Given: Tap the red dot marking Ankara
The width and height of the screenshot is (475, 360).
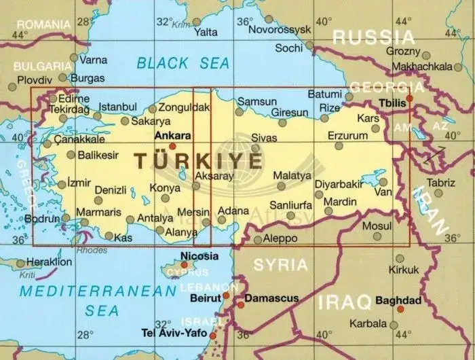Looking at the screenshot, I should pyautogui.click(x=172, y=145).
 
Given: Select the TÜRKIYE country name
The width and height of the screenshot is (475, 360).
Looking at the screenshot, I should pyautogui.click(x=197, y=161).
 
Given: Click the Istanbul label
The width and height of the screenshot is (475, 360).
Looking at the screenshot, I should pyautogui.click(x=118, y=107).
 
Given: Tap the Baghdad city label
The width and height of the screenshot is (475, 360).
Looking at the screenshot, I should pyautogui.click(x=398, y=300).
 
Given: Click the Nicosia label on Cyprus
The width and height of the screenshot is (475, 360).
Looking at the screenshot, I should pyautogui.click(x=200, y=256).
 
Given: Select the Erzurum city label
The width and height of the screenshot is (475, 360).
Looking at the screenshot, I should pyautogui.click(x=347, y=135).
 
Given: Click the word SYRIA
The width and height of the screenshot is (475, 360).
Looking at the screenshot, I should pyautogui.click(x=281, y=264).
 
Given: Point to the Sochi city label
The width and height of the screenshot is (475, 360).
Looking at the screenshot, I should pyautogui.click(x=289, y=48).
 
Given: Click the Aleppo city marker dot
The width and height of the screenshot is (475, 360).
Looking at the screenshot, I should pyautogui.click(x=256, y=239).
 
